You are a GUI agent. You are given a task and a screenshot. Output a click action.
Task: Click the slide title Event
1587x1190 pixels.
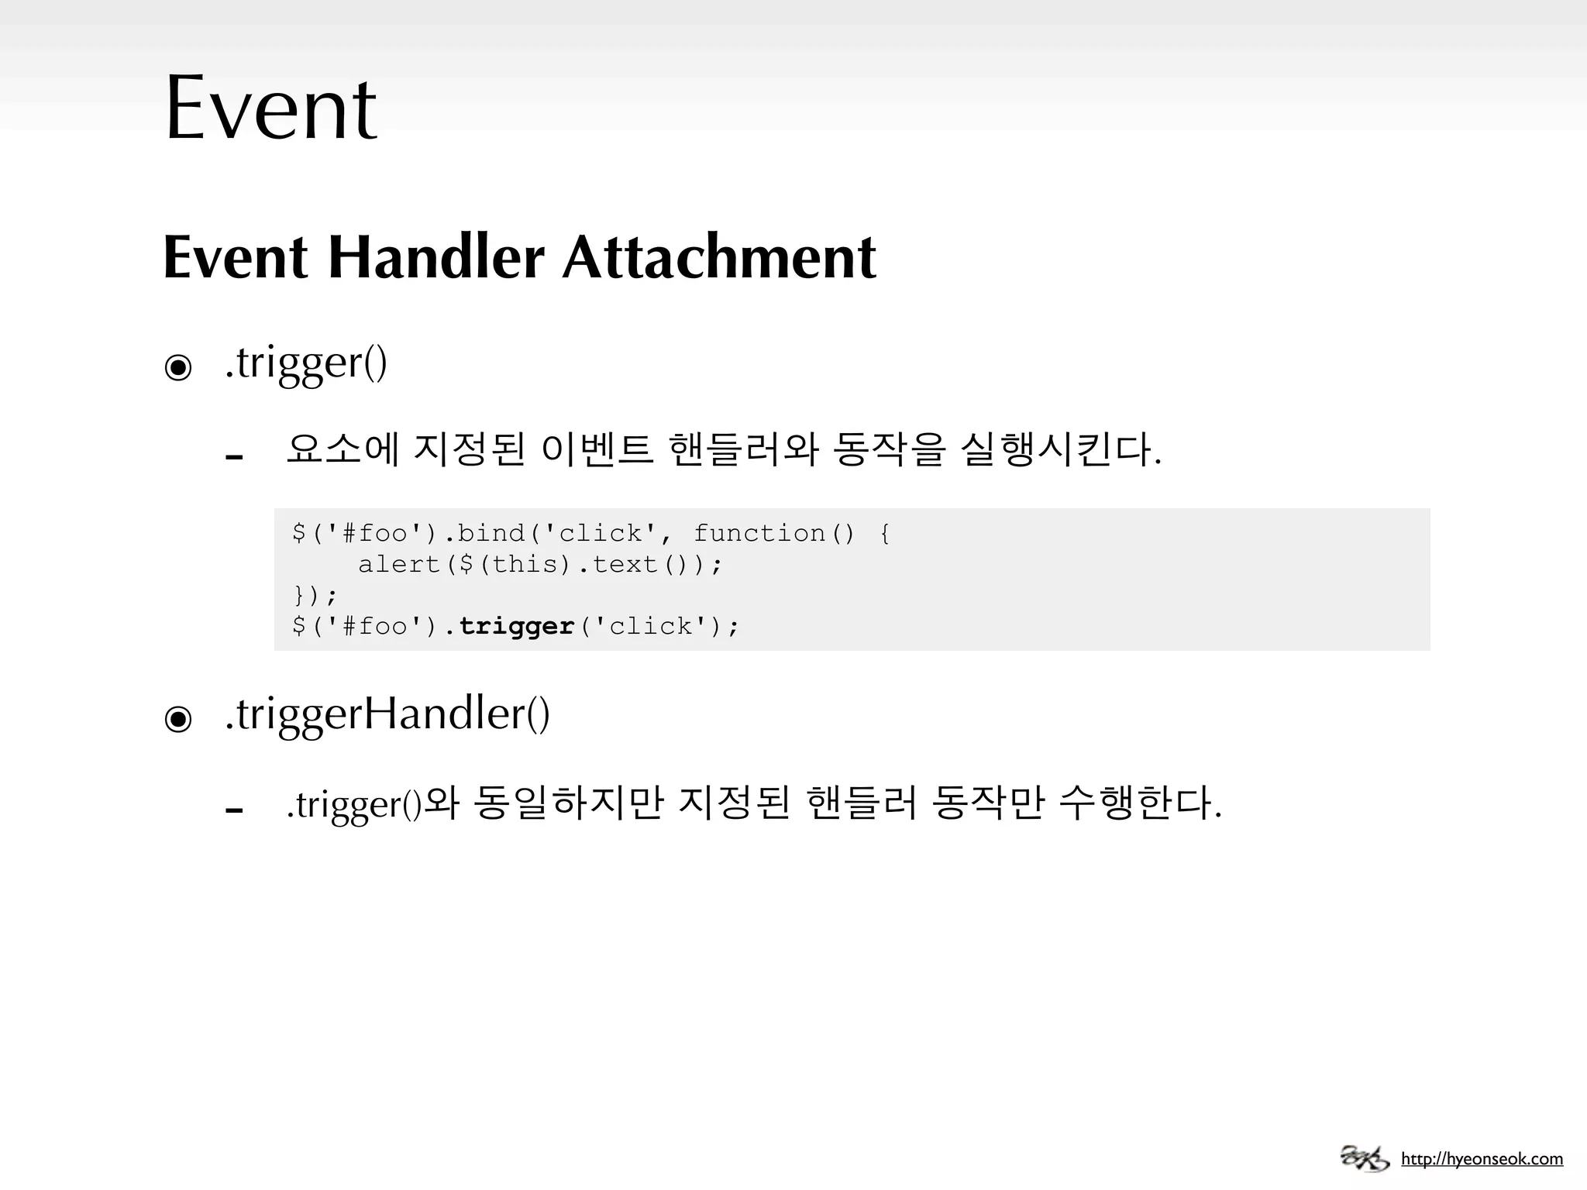pyautogui.click(x=270, y=108)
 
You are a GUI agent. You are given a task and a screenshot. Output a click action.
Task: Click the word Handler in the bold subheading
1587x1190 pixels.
pyautogui.click(x=436, y=257)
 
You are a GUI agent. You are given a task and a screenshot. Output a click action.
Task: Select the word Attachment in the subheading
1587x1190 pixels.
pyautogui.click(x=719, y=257)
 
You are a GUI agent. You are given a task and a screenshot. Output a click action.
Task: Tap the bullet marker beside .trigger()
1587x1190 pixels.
pyautogui.click(x=178, y=367)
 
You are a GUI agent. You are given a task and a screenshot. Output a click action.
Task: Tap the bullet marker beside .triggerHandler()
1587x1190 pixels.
pyautogui.click(x=178, y=719)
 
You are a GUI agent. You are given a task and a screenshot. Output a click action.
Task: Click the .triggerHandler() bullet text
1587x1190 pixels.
pyautogui.click(x=387, y=714)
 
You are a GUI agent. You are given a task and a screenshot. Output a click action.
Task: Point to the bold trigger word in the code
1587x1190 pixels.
pyautogui.click(x=516, y=626)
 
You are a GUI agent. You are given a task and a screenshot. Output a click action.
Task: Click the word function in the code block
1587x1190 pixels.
pyautogui.click(x=759, y=533)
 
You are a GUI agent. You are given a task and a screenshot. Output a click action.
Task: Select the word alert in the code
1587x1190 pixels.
pyautogui.click(x=399, y=564)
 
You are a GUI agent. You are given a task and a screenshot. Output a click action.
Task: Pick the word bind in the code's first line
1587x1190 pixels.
pyautogui.click(x=491, y=533)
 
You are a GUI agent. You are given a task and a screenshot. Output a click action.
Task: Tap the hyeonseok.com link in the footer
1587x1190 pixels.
pyautogui.click(x=1482, y=1160)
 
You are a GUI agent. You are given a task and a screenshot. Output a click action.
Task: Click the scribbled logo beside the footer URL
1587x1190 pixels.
pyautogui.click(x=1364, y=1158)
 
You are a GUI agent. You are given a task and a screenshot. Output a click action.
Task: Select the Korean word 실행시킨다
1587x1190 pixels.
pyautogui.click(x=1057, y=449)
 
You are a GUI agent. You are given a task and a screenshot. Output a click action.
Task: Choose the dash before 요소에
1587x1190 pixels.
pyautogui.click(x=234, y=457)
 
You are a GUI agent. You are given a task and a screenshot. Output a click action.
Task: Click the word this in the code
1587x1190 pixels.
pyautogui.click(x=525, y=564)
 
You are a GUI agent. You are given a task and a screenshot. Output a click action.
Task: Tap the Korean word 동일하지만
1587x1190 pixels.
pyautogui.click(x=568, y=803)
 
